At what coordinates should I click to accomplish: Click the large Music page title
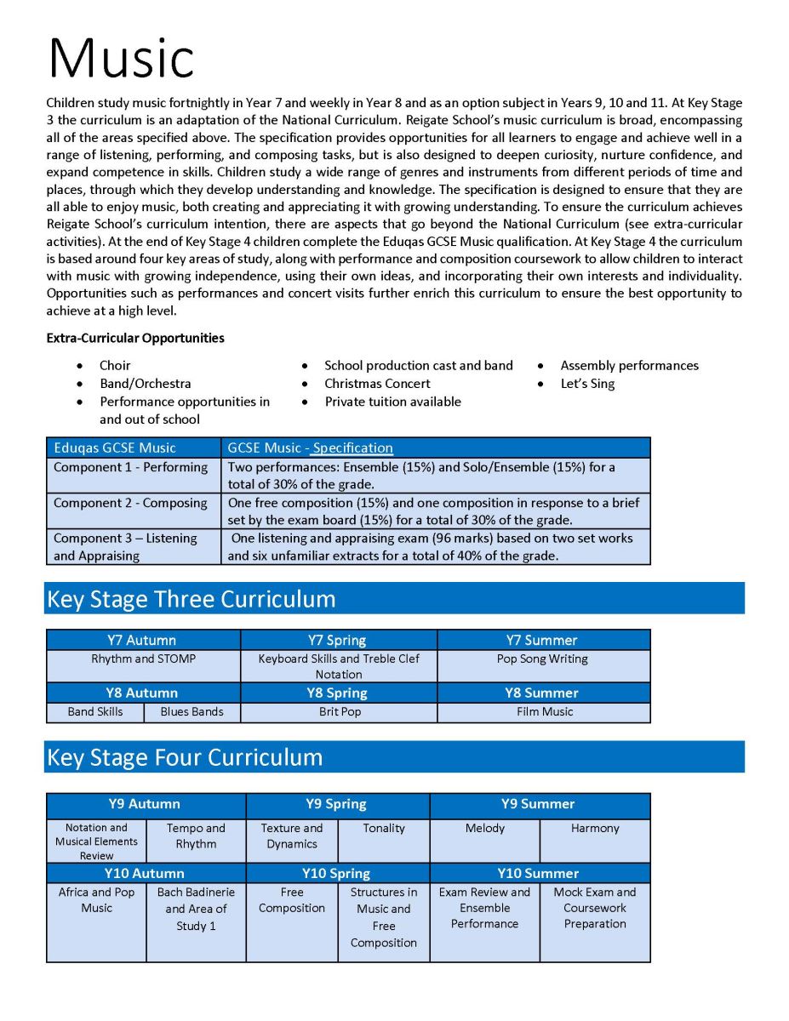click(x=121, y=58)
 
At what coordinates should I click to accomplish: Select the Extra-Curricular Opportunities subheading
click(x=135, y=338)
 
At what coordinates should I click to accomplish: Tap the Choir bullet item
click(x=115, y=365)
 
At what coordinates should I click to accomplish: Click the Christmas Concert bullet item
click(x=377, y=384)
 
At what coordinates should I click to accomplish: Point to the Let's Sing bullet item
click(x=587, y=384)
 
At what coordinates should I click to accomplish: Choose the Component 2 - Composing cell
click(x=130, y=503)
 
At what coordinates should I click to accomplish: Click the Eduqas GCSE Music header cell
click(x=115, y=448)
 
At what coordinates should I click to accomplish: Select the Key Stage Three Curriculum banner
click(x=394, y=599)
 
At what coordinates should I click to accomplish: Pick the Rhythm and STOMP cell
click(x=143, y=659)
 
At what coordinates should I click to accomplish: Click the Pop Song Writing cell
click(x=542, y=659)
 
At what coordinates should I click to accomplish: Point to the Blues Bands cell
click(x=192, y=712)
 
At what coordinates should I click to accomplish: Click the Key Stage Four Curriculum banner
click(x=394, y=757)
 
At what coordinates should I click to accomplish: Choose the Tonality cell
click(x=384, y=828)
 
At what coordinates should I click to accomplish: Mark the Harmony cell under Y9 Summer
click(x=595, y=828)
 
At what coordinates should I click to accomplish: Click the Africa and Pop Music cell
click(x=96, y=900)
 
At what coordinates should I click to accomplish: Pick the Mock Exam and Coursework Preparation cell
click(x=595, y=908)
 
